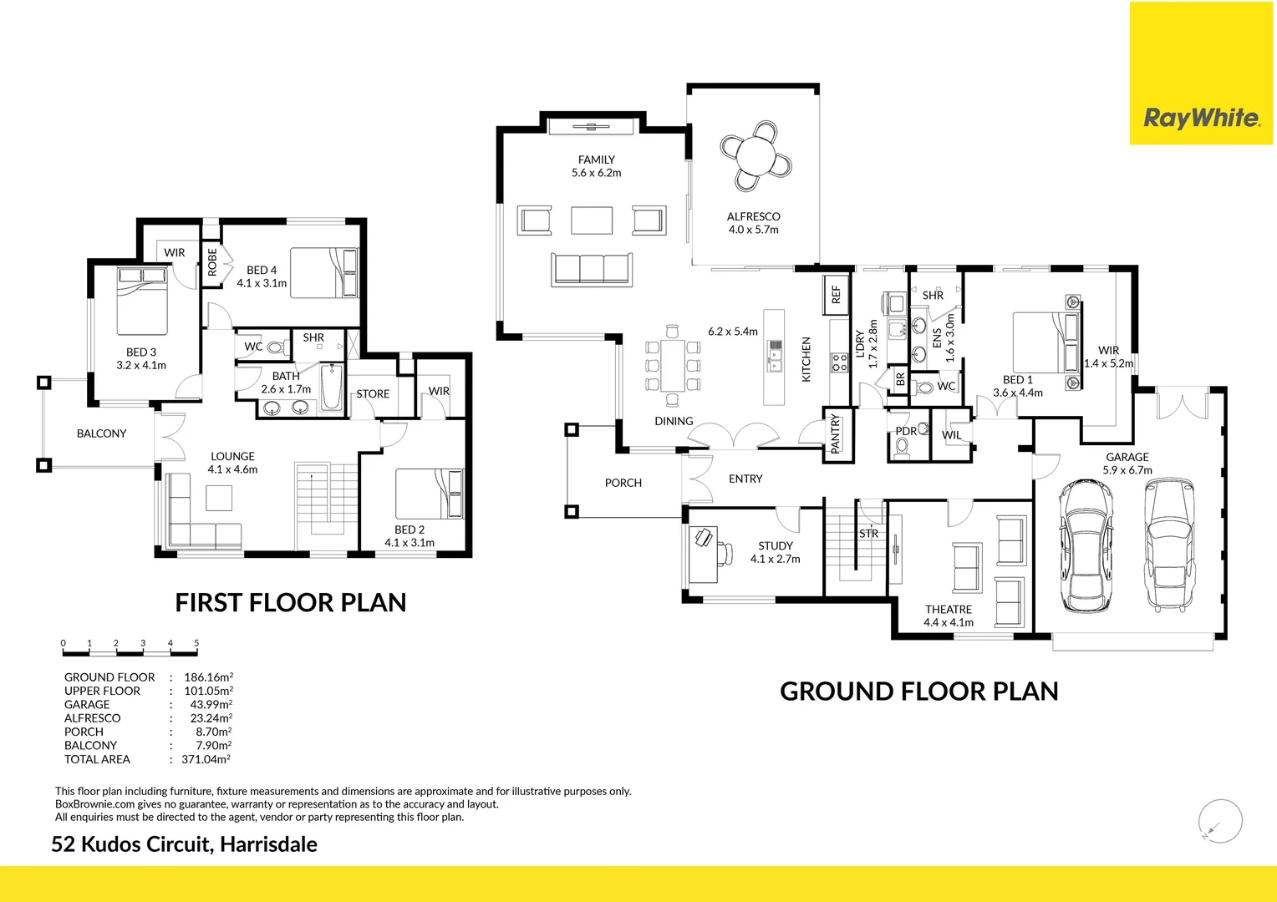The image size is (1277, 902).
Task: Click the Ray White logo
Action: (x=1201, y=118)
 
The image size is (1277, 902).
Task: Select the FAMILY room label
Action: (x=596, y=160)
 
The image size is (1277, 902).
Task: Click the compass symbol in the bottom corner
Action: (x=1219, y=821)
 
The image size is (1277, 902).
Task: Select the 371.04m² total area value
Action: (x=206, y=759)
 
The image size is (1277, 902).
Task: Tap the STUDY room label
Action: (x=775, y=545)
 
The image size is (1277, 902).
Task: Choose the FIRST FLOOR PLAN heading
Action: (x=290, y=602)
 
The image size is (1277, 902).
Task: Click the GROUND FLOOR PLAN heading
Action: (x=918, y=692)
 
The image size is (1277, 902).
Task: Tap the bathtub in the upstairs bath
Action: (x=332, y=387)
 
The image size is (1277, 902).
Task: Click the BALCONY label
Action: (x=101, y=433)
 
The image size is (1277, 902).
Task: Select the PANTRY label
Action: (x=835, y=433)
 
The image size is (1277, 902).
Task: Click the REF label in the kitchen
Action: (x=836, y=295)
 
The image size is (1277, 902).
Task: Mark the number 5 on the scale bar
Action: (x=196, y=643)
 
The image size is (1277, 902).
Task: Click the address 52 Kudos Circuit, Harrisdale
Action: (x=184, y=844)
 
